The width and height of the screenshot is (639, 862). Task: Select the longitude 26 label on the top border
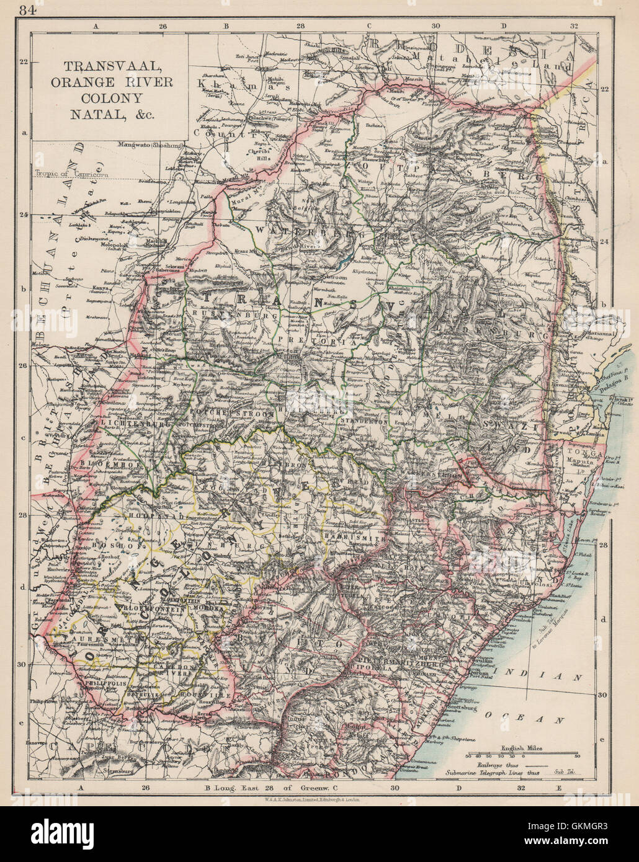pos(163,27)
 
